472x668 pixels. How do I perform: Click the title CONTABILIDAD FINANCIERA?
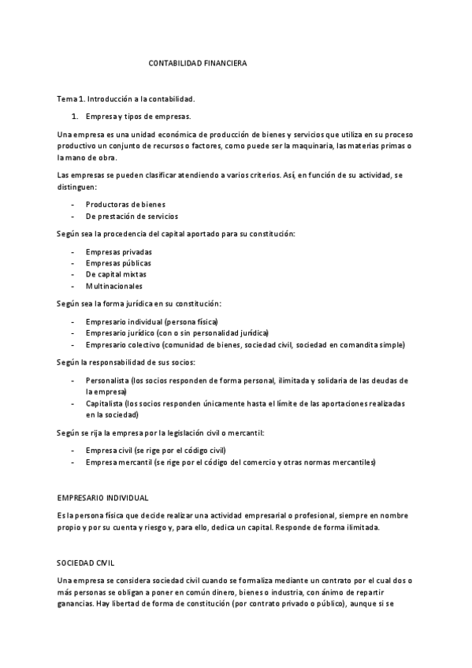point(198,63)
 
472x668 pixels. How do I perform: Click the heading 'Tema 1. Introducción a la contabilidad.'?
point(125,99)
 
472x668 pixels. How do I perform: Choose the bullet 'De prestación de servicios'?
point(132,216)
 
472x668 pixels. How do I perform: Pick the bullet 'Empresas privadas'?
point(119,251)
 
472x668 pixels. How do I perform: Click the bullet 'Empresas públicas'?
point(119,262)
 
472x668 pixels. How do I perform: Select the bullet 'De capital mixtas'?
point(116,274)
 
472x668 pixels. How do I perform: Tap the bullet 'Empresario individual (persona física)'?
point(151,321)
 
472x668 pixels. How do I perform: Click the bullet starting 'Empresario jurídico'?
point(177,332)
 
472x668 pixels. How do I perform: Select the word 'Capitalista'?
point(106,403)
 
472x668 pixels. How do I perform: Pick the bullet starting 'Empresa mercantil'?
point(230,462)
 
